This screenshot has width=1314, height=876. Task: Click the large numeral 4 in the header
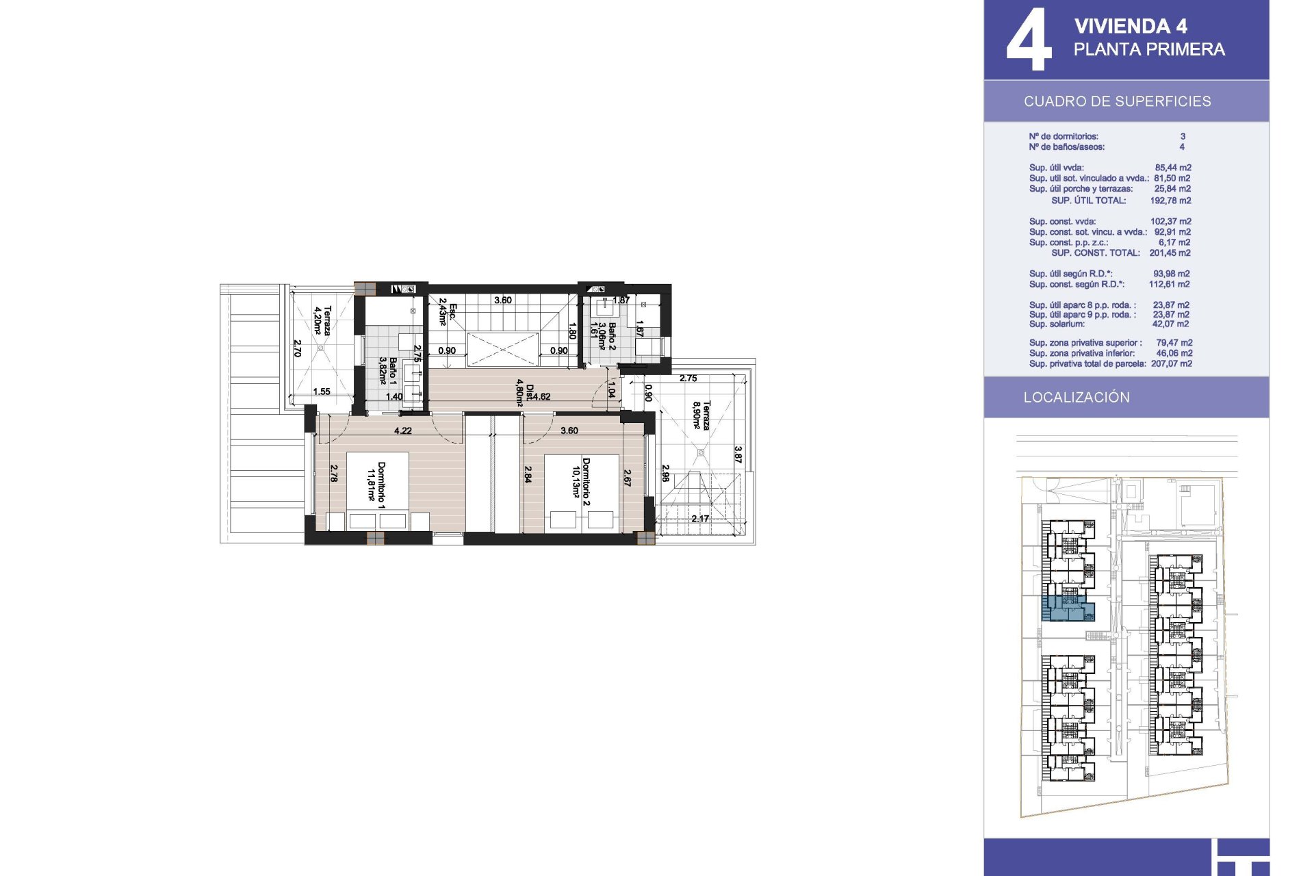tap(1029, 39)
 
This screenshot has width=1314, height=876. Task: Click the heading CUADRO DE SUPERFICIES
tap(1117, 101)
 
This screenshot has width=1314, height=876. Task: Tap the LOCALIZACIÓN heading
tap(1077, 397)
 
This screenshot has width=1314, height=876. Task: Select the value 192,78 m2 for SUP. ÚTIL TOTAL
tap(1170, 201)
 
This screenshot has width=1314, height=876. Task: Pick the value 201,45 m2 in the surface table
tap(1170, 253)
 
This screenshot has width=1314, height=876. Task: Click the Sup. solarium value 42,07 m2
tap(1170, 324)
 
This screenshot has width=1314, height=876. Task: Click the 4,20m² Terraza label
tap(322, 320)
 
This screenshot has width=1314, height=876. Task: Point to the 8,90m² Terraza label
tap(701, 415)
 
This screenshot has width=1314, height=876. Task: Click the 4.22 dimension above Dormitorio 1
tap(403, 430)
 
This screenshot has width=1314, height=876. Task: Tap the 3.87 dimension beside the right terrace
tap(738, 454)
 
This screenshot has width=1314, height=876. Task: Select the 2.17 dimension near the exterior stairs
tap(700, 519)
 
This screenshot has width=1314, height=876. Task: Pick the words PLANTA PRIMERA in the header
tap(1149, 49)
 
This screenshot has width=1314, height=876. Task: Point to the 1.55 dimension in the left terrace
tap(322, 391)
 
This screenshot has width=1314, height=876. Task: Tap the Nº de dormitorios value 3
tap(1183, 136)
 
